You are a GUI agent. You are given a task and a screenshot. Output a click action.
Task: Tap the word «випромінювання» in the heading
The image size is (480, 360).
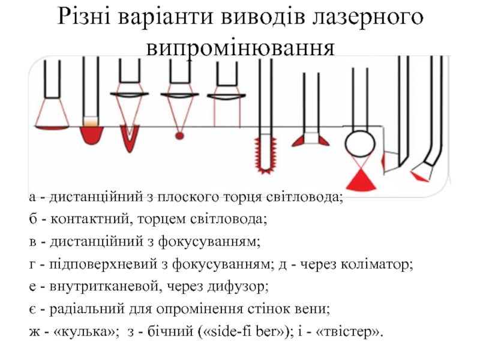[x=241, y=47]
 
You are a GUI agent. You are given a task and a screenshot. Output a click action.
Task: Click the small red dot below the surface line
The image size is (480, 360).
[x=179, y=136]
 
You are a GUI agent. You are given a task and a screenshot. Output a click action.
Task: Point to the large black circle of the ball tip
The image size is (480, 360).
[x=359, y=143]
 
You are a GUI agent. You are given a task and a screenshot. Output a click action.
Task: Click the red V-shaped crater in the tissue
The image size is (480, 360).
[x=130, y=140]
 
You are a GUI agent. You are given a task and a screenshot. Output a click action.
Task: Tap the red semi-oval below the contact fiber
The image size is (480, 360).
[x=92, y=136]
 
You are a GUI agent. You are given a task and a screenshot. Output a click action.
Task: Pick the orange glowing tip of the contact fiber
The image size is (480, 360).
[x=91, y=123]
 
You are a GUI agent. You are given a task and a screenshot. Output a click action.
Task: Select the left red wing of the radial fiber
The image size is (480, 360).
[x=299, y=142]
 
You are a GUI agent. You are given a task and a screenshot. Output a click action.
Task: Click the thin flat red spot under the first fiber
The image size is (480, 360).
[x=52, y=127]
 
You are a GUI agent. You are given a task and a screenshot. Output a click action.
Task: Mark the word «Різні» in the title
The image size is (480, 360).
[x=84, y=18]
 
